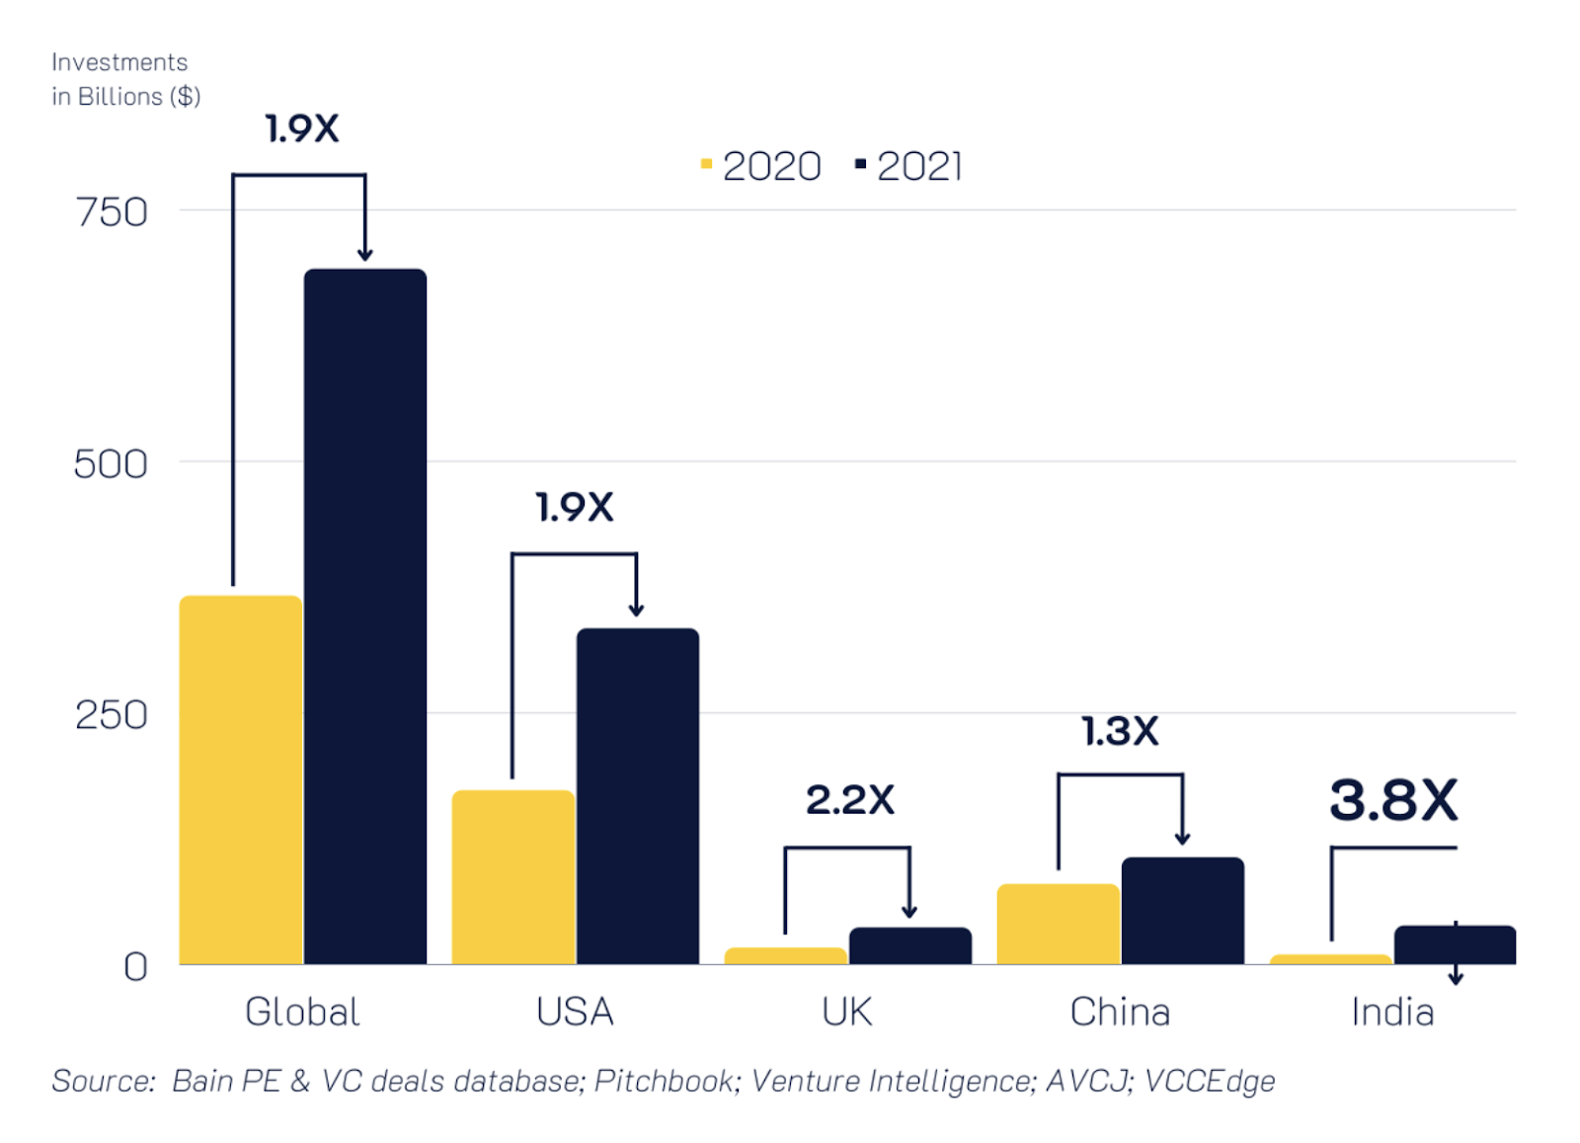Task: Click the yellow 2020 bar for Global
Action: coord(241,779)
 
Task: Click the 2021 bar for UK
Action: coord(910,945)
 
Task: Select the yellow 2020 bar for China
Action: coord(1059,924)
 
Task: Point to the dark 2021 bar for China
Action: coord(1183,910)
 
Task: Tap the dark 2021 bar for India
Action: coord(1455,944)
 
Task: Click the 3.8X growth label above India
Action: coord(1393,800)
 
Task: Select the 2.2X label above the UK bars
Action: coord(850,800)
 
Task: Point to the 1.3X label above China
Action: coord(1120,732)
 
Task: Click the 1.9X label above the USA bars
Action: coord(575,508)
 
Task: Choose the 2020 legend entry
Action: coord(761,166)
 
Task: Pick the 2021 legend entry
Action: coord(909,166)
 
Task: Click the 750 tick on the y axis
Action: coord(112,211)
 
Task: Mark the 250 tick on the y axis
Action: coord(112,714)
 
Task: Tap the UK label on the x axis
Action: coord(847,1012)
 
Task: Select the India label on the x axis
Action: coord(1392,1012)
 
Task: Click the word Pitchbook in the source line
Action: coord(664,1081)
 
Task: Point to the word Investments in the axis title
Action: coord(119,62)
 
